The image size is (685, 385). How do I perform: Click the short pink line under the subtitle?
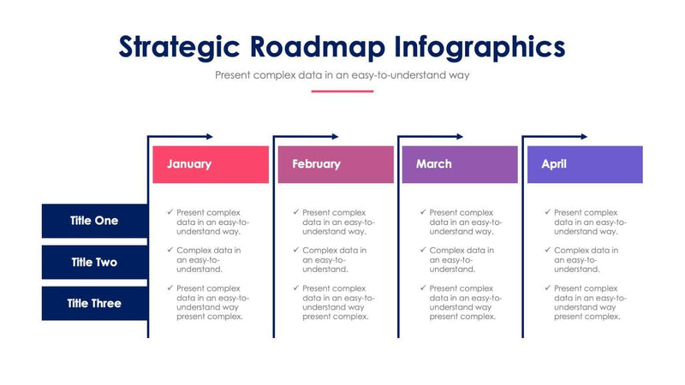coord(342,91)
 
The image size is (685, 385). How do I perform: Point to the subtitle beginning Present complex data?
coord(342,75)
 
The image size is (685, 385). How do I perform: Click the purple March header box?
coord(460,164)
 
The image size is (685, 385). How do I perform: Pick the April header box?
coord(585,164)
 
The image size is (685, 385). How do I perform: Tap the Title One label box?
coord(94,221)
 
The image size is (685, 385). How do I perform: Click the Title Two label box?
coord(94,262)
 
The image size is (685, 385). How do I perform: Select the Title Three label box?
coord(94,303)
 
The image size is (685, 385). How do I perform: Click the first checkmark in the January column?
coord(170,211)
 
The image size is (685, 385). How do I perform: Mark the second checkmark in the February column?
coord(295,250)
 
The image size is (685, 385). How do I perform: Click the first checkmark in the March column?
coord(422,211)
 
